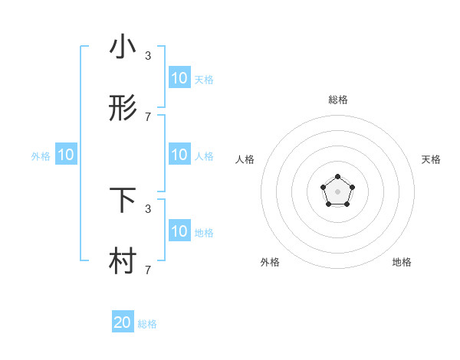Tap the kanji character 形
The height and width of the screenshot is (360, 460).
click(123, 109)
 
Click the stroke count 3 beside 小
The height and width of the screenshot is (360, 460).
click(148, 56)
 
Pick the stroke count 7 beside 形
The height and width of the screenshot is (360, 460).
click(148, 117)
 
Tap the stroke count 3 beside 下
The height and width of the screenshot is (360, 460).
click(148, 208)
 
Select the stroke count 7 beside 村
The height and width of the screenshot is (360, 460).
click(148, 270)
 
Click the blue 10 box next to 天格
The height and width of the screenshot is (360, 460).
click(179, 78)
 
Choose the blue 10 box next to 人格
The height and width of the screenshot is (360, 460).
click(179, 155)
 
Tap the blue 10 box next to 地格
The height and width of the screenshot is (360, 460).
click(179, 231)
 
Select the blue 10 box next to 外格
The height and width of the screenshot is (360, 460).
click(66, 155)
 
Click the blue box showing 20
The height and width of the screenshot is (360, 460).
click(123, 322)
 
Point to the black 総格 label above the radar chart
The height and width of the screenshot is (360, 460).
click(338, 100)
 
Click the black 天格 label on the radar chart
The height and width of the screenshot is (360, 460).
click(431, 159)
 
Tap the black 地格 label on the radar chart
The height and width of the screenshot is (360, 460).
click(402, 262)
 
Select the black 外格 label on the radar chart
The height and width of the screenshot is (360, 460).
click(270, 262)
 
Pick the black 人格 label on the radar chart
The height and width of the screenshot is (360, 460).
click(245, 159)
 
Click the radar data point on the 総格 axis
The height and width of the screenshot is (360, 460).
click(338, 177)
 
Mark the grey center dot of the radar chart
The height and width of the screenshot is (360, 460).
click(338, 191)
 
